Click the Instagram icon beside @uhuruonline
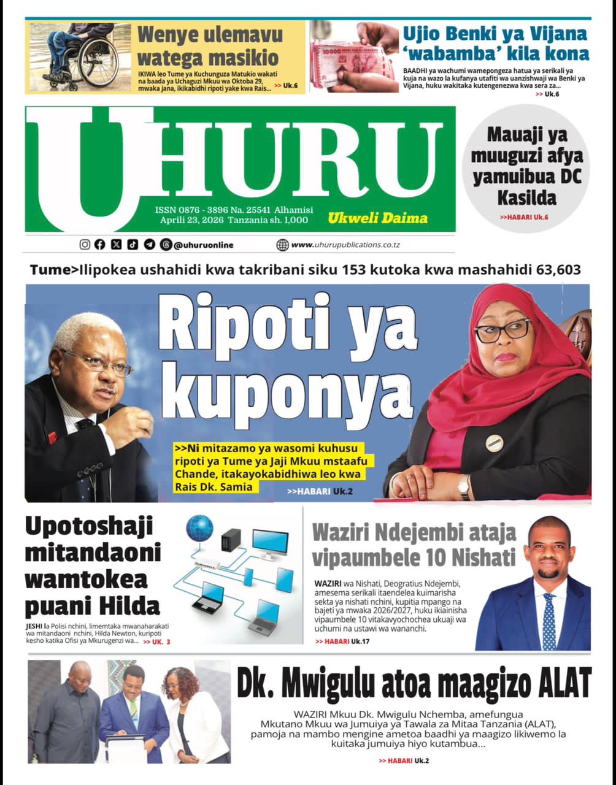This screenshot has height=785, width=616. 85,245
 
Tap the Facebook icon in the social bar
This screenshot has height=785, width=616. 100,245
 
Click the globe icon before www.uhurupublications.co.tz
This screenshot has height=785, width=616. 282,245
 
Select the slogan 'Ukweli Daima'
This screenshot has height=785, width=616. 377,218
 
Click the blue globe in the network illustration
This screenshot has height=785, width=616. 199,528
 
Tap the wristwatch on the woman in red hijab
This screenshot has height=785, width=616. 464,488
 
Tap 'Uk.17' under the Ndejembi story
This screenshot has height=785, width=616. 360,641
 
